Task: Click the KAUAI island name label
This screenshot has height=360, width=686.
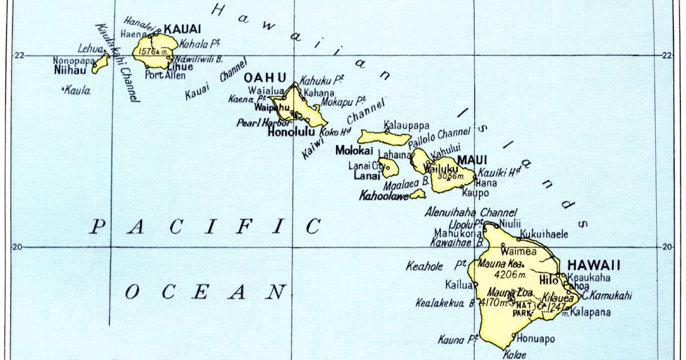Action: coord(182,28)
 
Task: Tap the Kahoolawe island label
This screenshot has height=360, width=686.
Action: coord(384,196)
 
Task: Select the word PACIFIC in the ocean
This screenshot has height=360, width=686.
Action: coord(206,227)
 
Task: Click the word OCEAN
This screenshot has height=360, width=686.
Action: coord(205,293)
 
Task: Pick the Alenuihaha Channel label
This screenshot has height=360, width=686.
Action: coord(470,212)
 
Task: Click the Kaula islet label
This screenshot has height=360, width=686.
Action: coord(77,90)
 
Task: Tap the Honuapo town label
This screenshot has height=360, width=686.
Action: coord(536,339)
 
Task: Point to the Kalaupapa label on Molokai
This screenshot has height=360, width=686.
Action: coord(406,125)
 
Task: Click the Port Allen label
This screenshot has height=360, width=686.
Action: coord(165,75)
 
